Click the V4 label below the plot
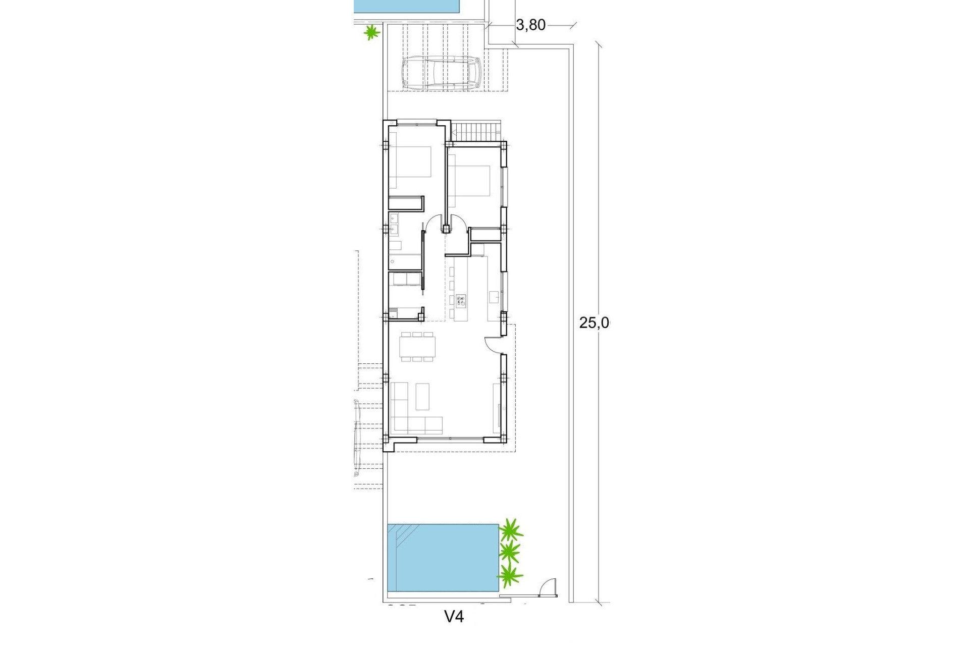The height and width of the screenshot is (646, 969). coord(454,616)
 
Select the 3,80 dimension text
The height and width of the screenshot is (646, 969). coord(530,25)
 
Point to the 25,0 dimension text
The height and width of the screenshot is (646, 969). coord(594,323)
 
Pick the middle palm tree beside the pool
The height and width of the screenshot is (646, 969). coord(510,553)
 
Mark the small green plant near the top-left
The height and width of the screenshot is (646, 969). coord(372,33)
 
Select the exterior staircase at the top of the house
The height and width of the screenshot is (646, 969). coord(477,133)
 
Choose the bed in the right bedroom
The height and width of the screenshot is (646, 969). coord(470,181)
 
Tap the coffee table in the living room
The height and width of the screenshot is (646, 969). coord(422,396)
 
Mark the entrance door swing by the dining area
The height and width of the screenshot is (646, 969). coord(492,344)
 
